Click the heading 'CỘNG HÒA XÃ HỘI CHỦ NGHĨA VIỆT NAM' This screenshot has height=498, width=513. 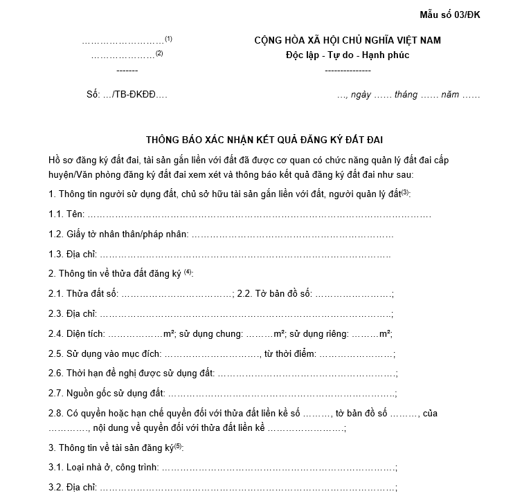point(348,41)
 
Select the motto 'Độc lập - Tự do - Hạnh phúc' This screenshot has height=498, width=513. point(348,55)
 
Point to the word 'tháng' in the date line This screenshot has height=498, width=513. point(406,95)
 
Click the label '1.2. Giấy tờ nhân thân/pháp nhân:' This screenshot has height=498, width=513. point(118,234)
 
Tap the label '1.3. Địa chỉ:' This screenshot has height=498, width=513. point(72,255)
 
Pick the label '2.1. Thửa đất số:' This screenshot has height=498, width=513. point(83,294)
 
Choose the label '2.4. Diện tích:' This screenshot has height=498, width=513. point(77,334)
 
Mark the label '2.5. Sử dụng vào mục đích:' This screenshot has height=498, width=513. point(105,354)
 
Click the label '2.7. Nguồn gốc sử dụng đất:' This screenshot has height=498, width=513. point(106,394)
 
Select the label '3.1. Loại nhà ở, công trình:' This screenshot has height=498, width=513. point(103,468)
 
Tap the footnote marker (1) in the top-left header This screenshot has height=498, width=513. point(168,38)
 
